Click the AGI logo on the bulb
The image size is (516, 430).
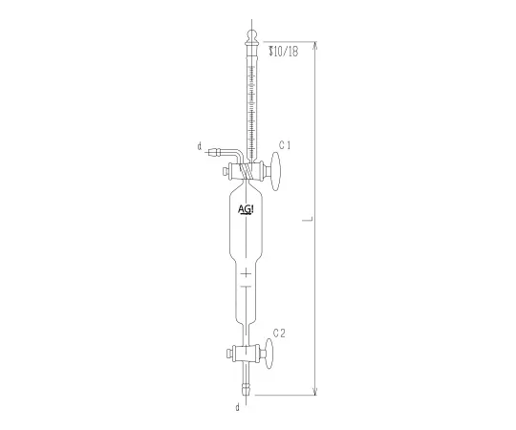point(246,208)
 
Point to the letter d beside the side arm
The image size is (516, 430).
point(199,147)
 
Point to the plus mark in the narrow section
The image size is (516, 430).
point(247,275)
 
